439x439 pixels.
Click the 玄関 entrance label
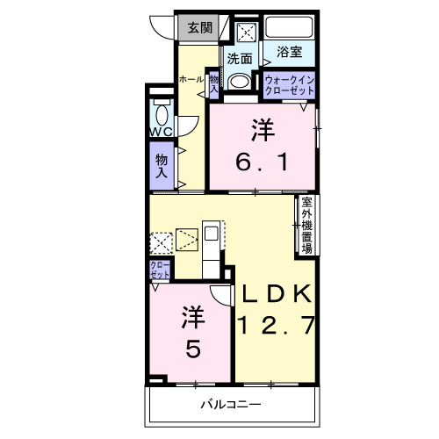pyautogui.click(x=200, y=28)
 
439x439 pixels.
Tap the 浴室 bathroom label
pyautogui.click(x=289, y=52)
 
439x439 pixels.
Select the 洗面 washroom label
pyautogui.click(x=240, y=59)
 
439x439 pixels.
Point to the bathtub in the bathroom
pyautogui.click(x=289, y=27)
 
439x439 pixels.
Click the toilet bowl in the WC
pyautogui.click(x=162, y=115)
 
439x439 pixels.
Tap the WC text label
pyautogui.click(x=162, y=132)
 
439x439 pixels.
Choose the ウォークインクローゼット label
pyautogui.click(x=290, y=85)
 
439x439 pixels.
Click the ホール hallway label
pyautogui.click(x=191, y=79)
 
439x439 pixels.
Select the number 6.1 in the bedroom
pyautogui.click(x=263, y=162)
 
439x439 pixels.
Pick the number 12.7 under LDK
pyautogui.click(x=277, y=325)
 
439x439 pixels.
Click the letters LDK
pyautogui.click(x=277, y=294)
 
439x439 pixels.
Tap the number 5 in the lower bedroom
pyautogui.click(x=193, y=349)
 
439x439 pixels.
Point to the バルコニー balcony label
pyautogui.click(x=231, y=405)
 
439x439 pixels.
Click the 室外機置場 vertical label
pyautogui.click(x=307, y=226)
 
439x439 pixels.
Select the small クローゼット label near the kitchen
pyautogui.click(x=160, y=270)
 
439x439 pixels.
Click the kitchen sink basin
pyautogui.click(x=211, y=234)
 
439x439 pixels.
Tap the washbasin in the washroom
pyautogui.click(x=239, y=82)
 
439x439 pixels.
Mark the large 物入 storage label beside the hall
pyautogui.click(x=162, y=166)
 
